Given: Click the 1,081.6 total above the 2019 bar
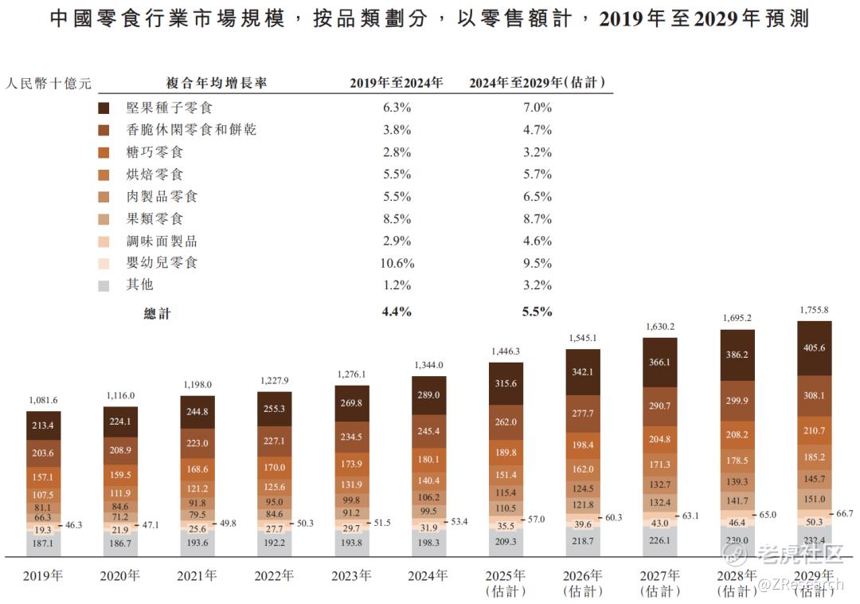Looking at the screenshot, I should pos(43,400).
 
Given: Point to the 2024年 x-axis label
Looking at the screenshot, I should pos(428,575).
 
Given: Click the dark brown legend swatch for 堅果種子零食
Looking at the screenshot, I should pos(104,108).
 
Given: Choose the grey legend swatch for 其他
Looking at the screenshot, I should pos(104,285).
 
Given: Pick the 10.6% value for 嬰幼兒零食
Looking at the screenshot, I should pos(397,263).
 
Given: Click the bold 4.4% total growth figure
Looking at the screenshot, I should pos(397,312).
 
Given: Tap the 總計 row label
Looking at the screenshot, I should pos(157,313).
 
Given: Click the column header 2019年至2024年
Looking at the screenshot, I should pos(397,82).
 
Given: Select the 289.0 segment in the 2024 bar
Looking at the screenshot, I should pos(428,394).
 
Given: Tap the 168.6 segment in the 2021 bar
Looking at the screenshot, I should pos(197,469).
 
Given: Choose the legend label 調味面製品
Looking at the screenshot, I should pos(162,241).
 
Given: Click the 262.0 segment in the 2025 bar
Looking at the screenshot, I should pos(506,422).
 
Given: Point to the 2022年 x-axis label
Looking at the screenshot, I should pos(274,575).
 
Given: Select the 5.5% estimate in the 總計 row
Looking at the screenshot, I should pos(537,312).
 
